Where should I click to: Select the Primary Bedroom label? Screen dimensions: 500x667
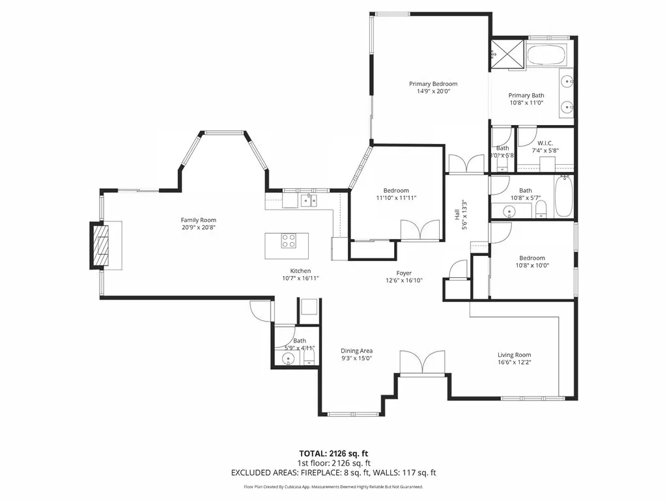433,84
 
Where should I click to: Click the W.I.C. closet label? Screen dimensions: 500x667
545,143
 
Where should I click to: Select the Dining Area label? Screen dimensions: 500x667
356,351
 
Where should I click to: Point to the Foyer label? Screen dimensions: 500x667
404,273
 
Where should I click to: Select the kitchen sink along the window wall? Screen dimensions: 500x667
308,200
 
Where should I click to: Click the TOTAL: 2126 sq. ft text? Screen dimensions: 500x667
333,453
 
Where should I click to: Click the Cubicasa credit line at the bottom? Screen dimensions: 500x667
333,487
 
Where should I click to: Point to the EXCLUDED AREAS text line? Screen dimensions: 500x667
333,473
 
